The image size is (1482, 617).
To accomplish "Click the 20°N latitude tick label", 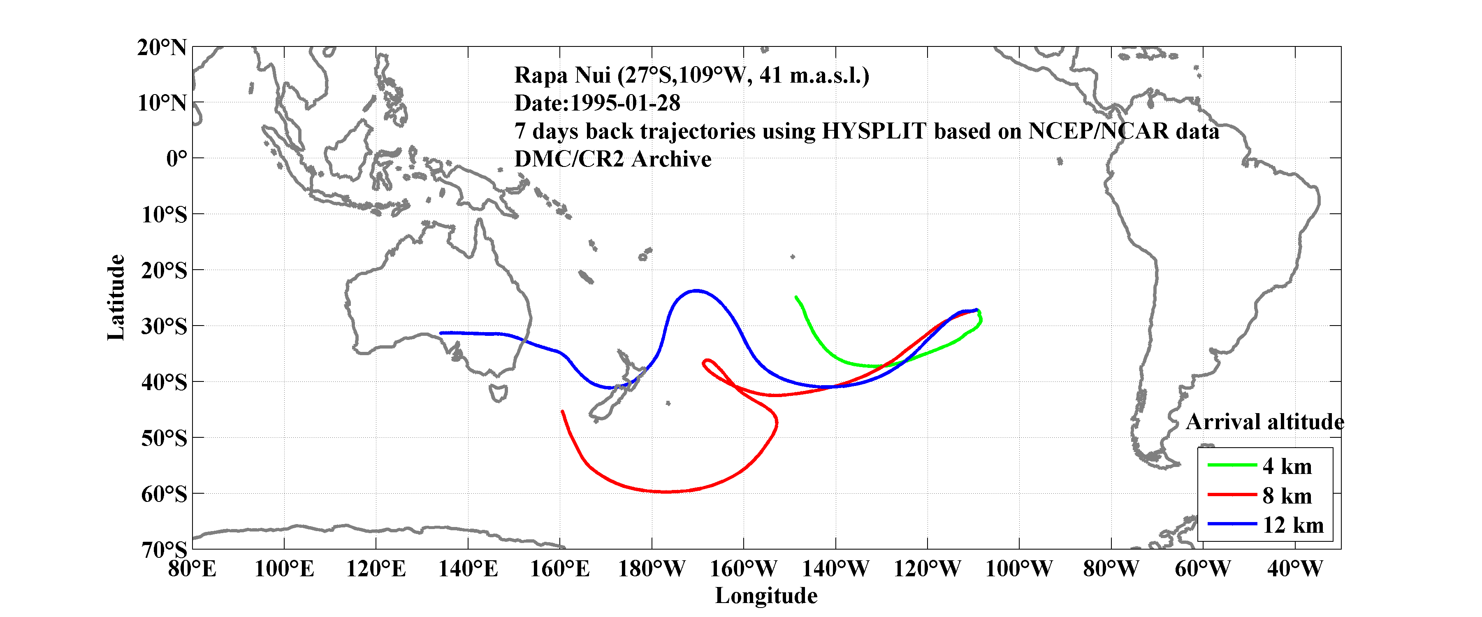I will point(162,48).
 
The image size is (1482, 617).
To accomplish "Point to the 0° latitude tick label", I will point(176,159).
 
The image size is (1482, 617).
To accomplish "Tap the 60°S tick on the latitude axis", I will point(164,495).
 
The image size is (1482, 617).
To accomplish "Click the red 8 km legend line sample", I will point(1232,495).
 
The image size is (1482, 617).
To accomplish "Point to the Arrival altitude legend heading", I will point(1264,423).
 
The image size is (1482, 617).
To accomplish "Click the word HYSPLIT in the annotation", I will point(873,132).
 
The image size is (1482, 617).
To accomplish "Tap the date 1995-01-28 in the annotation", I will point(625,104).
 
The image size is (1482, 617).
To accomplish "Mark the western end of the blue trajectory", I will point(441,333).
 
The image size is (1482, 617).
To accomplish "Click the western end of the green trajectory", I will point(796,297).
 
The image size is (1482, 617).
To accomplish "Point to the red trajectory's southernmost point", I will point(666,492).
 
